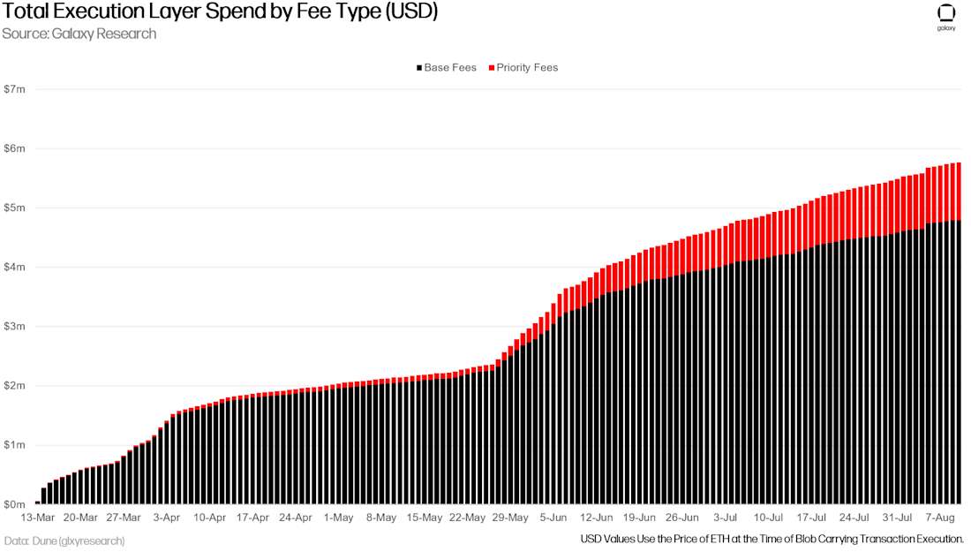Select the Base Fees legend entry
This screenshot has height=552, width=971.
[x=446, y=67]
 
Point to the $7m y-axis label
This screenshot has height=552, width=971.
[x=15, y=89]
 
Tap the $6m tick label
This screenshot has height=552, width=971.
[x=15, y=148]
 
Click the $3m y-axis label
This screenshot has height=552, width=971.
[x=15, y=326]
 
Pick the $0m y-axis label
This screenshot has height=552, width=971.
[x=15, y=503]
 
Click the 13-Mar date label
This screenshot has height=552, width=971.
[x=38, y=518]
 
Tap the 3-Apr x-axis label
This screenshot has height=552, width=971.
[x=167, y=518]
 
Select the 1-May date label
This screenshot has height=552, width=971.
[x=339, y=518]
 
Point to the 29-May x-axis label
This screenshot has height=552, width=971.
[x=510, y=518]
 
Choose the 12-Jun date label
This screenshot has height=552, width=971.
[x=597, y=518]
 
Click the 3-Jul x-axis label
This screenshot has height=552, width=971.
[x=726, y=518]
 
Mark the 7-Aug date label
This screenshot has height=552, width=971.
[x=941, y=518]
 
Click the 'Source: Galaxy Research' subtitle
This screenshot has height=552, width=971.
[x=79, y=34]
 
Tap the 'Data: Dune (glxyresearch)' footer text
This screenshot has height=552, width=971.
[x=64, y=540]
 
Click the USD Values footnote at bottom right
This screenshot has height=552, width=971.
[x=772, y=538]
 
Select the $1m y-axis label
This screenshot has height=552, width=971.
[x=15, y=444]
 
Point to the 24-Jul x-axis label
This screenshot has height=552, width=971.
[x=854, y=518]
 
